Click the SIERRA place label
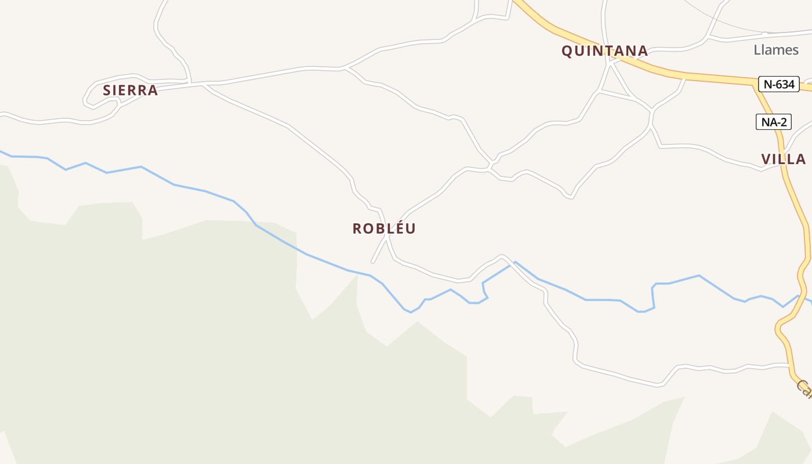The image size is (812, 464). pos(130,90)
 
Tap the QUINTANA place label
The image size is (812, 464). pos(604,51)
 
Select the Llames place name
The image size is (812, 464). pos(776,50)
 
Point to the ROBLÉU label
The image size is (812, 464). pos(384,229)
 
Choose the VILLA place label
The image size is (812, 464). pos(784,159)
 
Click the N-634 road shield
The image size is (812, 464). pos(779,84)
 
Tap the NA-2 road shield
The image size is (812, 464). pos(774,122)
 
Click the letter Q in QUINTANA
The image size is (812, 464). pos(567,51)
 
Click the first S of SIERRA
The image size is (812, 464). pos(107,90)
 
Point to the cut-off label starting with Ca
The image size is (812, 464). pos(804,388)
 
